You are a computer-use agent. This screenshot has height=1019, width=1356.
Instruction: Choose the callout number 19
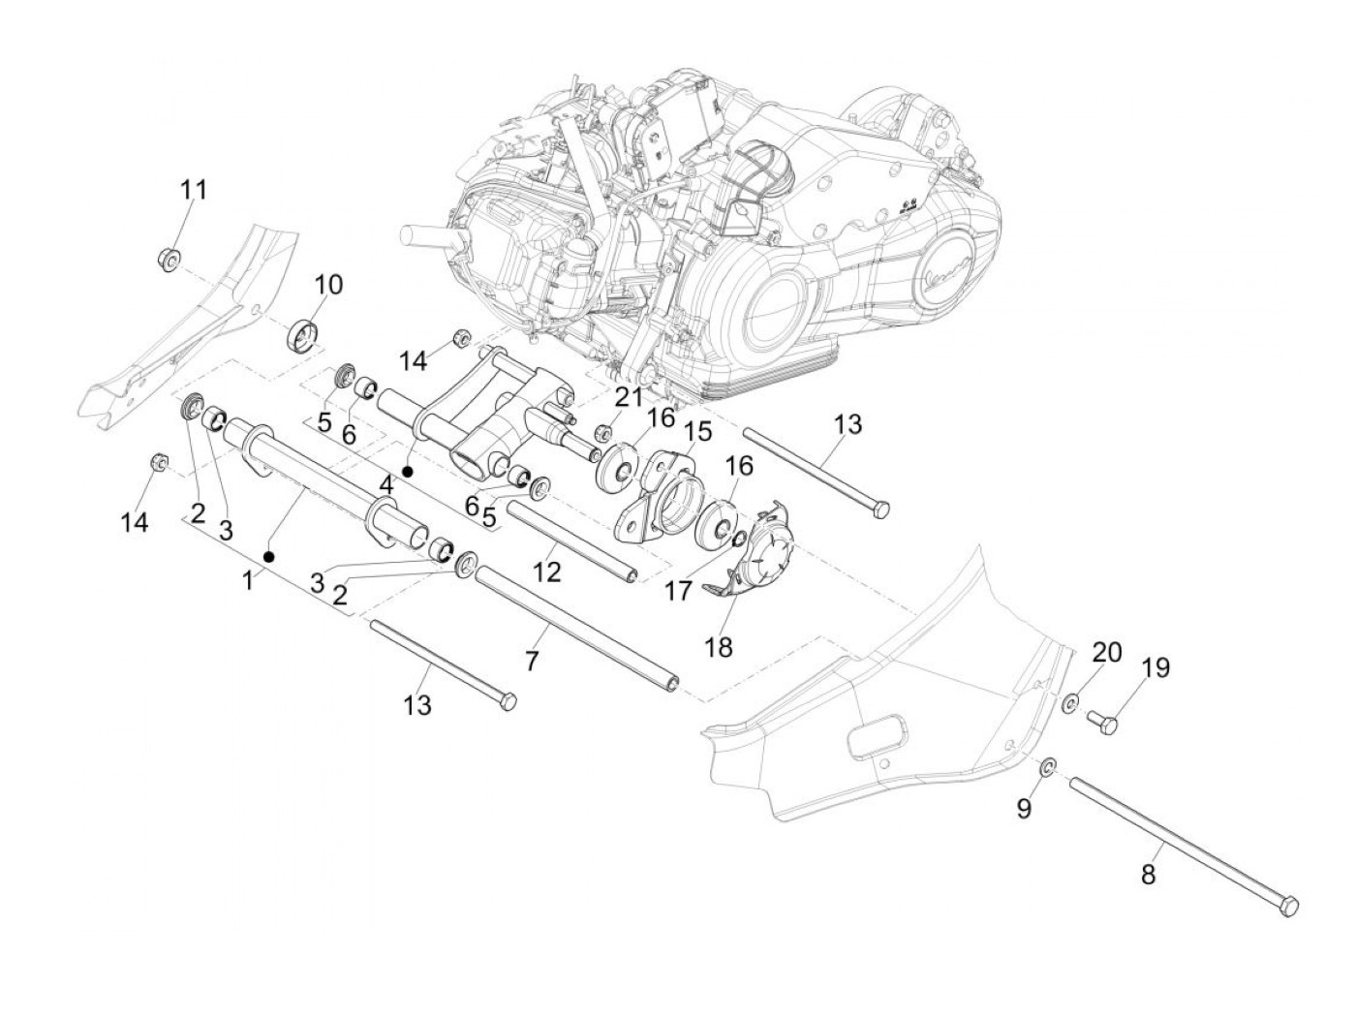pos(1156,667)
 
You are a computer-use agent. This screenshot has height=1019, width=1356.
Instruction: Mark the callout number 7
pos(531,661)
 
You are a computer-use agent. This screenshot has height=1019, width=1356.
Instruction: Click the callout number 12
pos(546,571)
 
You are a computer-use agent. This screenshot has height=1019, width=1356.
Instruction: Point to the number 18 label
pos(719,647)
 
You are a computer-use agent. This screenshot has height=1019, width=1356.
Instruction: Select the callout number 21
pos(629,396)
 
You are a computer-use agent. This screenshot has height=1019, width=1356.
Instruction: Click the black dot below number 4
pos(408,472)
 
